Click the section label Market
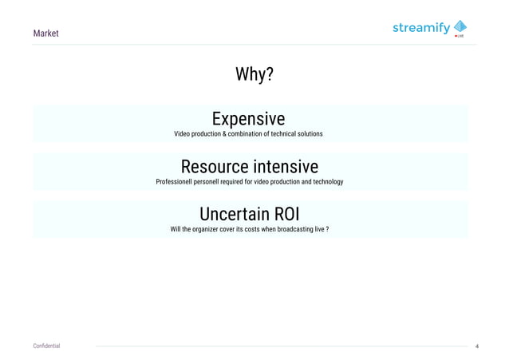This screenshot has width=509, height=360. point(45,34)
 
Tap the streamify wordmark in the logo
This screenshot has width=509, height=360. point(421,29)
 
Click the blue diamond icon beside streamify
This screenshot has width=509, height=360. point(460,26)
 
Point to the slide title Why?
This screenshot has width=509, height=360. point(254,75)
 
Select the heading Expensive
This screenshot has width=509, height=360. point(248,119)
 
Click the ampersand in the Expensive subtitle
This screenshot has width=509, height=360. point(225,133)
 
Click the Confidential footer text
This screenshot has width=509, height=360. point(46,346)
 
